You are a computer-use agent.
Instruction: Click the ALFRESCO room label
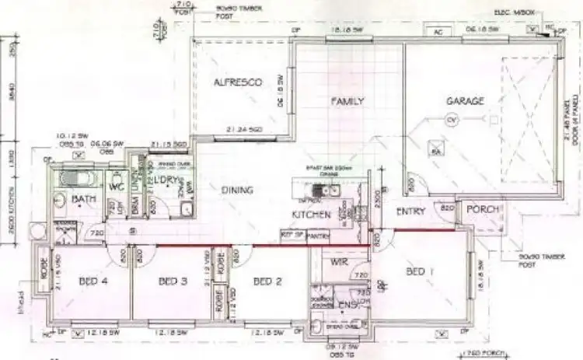pyautogui.click(x=237, y=82)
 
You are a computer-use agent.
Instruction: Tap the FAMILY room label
pyautogui.click(x=347, y=101)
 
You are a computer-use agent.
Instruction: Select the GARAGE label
pyautogui.click(x=465, y=101)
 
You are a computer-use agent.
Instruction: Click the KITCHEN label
pyautogui.click(x=312, y=215)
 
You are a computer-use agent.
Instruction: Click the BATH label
pyautogui.click(x=83, y=201)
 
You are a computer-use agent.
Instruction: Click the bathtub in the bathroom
pyautogui.click(x=77, y=180)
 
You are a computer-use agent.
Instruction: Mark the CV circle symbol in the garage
pyautogui.click(x=451, y=121)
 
